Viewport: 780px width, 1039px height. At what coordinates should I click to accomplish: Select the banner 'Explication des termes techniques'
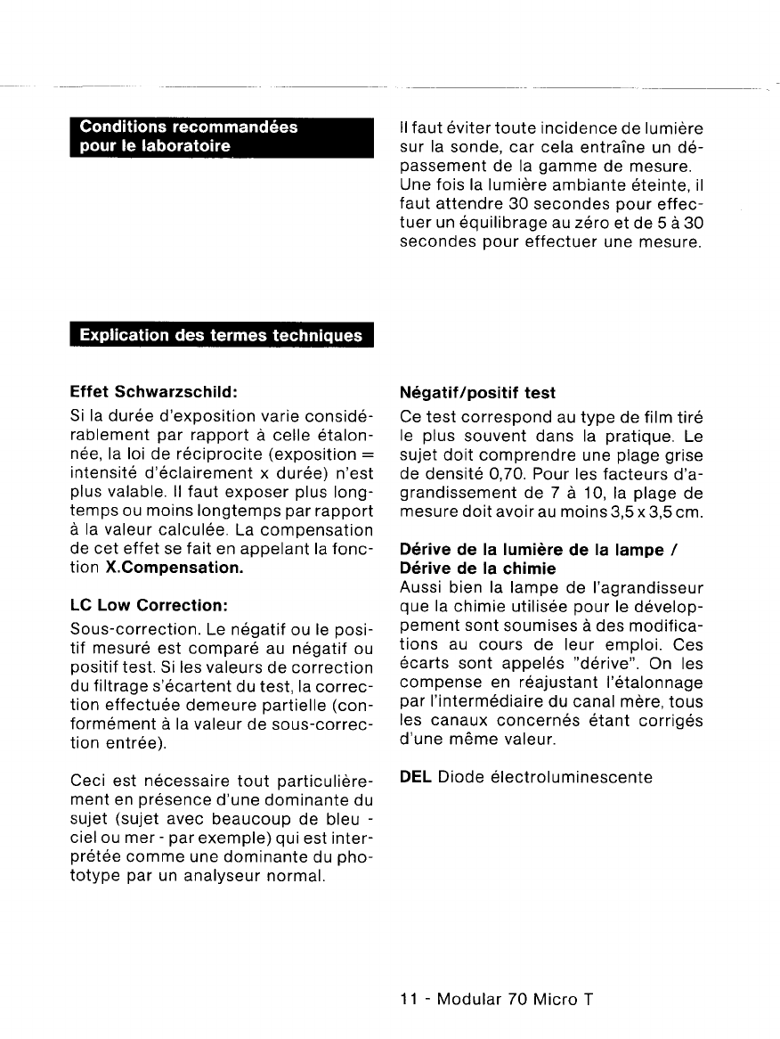[221, 335]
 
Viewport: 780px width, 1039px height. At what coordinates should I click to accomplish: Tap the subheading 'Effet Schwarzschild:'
[152, 392]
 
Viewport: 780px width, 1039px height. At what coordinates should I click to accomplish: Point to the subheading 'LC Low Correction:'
[144, 605]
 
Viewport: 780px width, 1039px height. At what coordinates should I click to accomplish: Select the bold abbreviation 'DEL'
[416, 777]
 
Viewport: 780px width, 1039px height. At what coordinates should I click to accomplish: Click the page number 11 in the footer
[409, 998]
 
